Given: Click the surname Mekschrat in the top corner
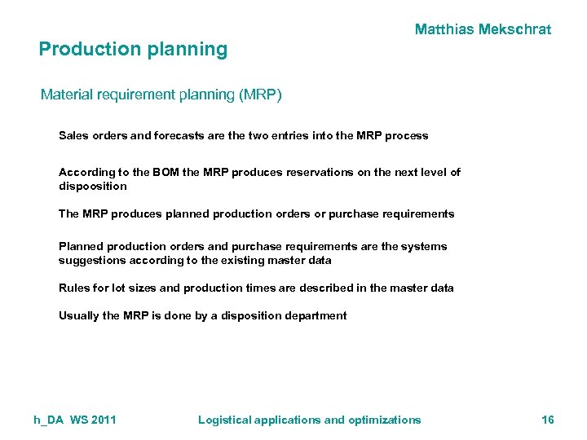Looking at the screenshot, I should (518, 29).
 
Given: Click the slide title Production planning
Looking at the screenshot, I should (133, 49).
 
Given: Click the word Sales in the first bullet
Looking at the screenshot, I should (73, 136).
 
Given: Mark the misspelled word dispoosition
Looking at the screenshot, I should (93, 186).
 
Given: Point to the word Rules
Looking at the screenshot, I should (74, 288).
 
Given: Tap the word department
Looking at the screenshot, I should (316, 315).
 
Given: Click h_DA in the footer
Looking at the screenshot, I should (49, 420).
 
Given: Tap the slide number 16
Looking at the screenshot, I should (548, 420).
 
